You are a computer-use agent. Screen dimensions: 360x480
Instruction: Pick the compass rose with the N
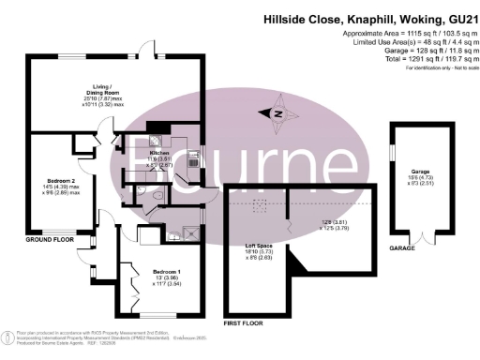(277, 112)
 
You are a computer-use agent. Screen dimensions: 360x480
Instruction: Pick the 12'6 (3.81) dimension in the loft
(333, 222)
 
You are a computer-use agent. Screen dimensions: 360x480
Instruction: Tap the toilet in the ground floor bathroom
(157, 193)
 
